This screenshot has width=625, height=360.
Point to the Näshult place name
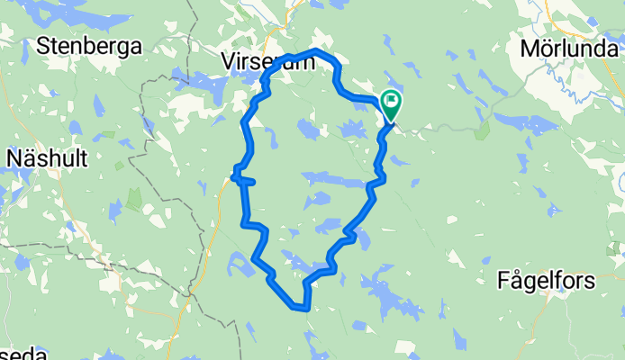pyautogui.click(x=46, y=159)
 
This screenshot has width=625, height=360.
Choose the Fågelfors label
pyautogui.click(x=546, y=281)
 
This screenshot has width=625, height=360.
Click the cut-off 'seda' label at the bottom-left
pyautogui.click(x=22, y=354)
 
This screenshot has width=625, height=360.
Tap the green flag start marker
pyautogui.click(x=392, y=103)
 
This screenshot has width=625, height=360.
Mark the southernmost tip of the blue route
pyautogui.click(x=301, y=308)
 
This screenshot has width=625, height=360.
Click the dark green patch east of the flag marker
pyautogui.click(x=482, y=130)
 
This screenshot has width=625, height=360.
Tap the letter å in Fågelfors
pyautogui.click(x=519, y=281)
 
